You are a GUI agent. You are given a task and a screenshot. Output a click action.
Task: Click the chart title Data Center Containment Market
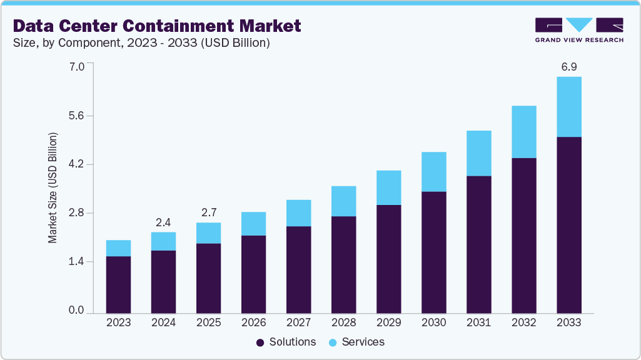coord(157,26)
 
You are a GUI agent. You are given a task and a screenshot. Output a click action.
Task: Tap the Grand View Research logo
coord(579,29)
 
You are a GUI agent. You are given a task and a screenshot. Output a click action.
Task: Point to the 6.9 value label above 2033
coord(568,66)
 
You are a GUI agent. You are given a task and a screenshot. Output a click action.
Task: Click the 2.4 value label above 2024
coord(163,222)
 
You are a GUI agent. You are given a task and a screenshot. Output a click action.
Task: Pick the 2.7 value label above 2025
coord(208,212)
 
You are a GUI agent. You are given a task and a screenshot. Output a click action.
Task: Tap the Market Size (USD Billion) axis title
coord(53,188)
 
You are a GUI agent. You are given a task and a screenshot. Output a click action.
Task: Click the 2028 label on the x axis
coord(343,323)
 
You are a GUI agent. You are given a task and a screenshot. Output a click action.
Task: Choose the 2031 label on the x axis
coord(478,323)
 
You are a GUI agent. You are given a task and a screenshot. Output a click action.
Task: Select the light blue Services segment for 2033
coord(568,106)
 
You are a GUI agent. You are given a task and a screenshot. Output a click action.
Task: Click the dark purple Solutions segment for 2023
coord(118,284)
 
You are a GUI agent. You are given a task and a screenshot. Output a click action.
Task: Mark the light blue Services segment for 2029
coord(388,187)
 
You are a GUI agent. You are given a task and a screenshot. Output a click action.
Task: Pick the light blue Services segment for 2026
coord(253,224)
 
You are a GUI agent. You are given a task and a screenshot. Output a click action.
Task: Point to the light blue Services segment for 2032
coord(523,132)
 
